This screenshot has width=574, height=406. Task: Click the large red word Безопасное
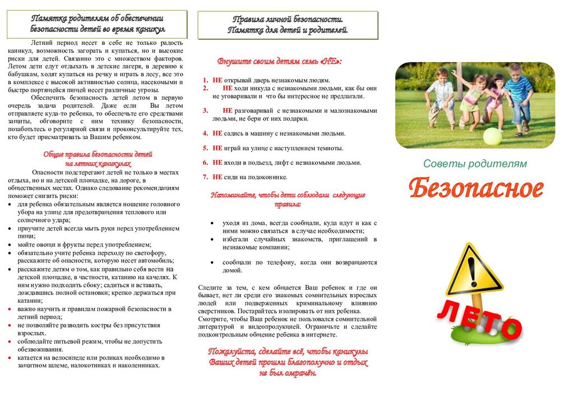click(476, 190)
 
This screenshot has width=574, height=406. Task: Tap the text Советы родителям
click(475, 164)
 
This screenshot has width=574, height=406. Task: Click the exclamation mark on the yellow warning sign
click(470, 268)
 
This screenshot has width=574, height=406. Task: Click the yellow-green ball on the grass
click(492, 136)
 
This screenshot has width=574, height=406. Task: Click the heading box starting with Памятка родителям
click(97, 24)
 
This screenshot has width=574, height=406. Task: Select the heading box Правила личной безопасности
click(288, 25)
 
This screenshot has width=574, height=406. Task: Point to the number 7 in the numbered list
click(205, 177)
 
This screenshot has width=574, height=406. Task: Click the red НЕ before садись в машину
click(217, 133)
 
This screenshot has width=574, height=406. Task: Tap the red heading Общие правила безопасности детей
click(98, 154)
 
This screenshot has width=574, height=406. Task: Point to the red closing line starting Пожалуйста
click(288, 352)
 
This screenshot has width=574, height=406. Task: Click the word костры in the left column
click(80, 325)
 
